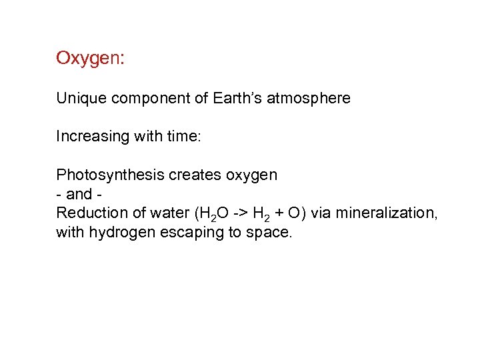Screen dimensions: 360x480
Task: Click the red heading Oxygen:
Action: point(89,59)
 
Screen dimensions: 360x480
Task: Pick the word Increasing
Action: point(87,137)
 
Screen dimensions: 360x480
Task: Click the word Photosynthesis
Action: point(110,175)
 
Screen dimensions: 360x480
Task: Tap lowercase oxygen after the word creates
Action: point(251,176)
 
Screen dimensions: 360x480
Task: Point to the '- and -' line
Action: point(79,194)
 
